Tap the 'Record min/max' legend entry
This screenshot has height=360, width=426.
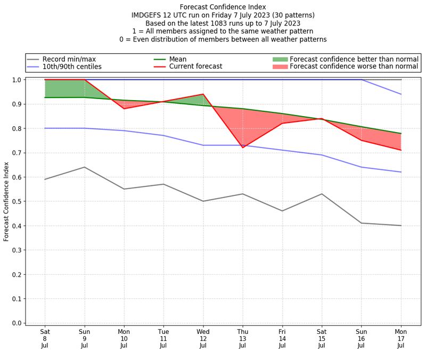click(68, 59)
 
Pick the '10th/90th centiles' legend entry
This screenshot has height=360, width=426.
click(72, 67)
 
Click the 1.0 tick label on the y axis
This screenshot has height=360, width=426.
click(16, 80)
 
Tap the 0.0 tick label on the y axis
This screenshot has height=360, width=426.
click(16, 323)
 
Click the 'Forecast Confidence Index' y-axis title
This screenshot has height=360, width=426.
click(6, 201)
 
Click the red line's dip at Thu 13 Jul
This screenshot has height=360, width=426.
click(243, 148)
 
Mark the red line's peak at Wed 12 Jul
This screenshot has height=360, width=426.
click(203, 94)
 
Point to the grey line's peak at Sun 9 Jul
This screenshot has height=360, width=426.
click(84, 167)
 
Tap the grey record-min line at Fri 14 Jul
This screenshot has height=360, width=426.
click(282, 211)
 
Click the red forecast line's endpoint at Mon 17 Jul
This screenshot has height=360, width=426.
click(401, 150)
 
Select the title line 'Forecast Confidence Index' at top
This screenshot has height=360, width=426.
click(223, 7)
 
